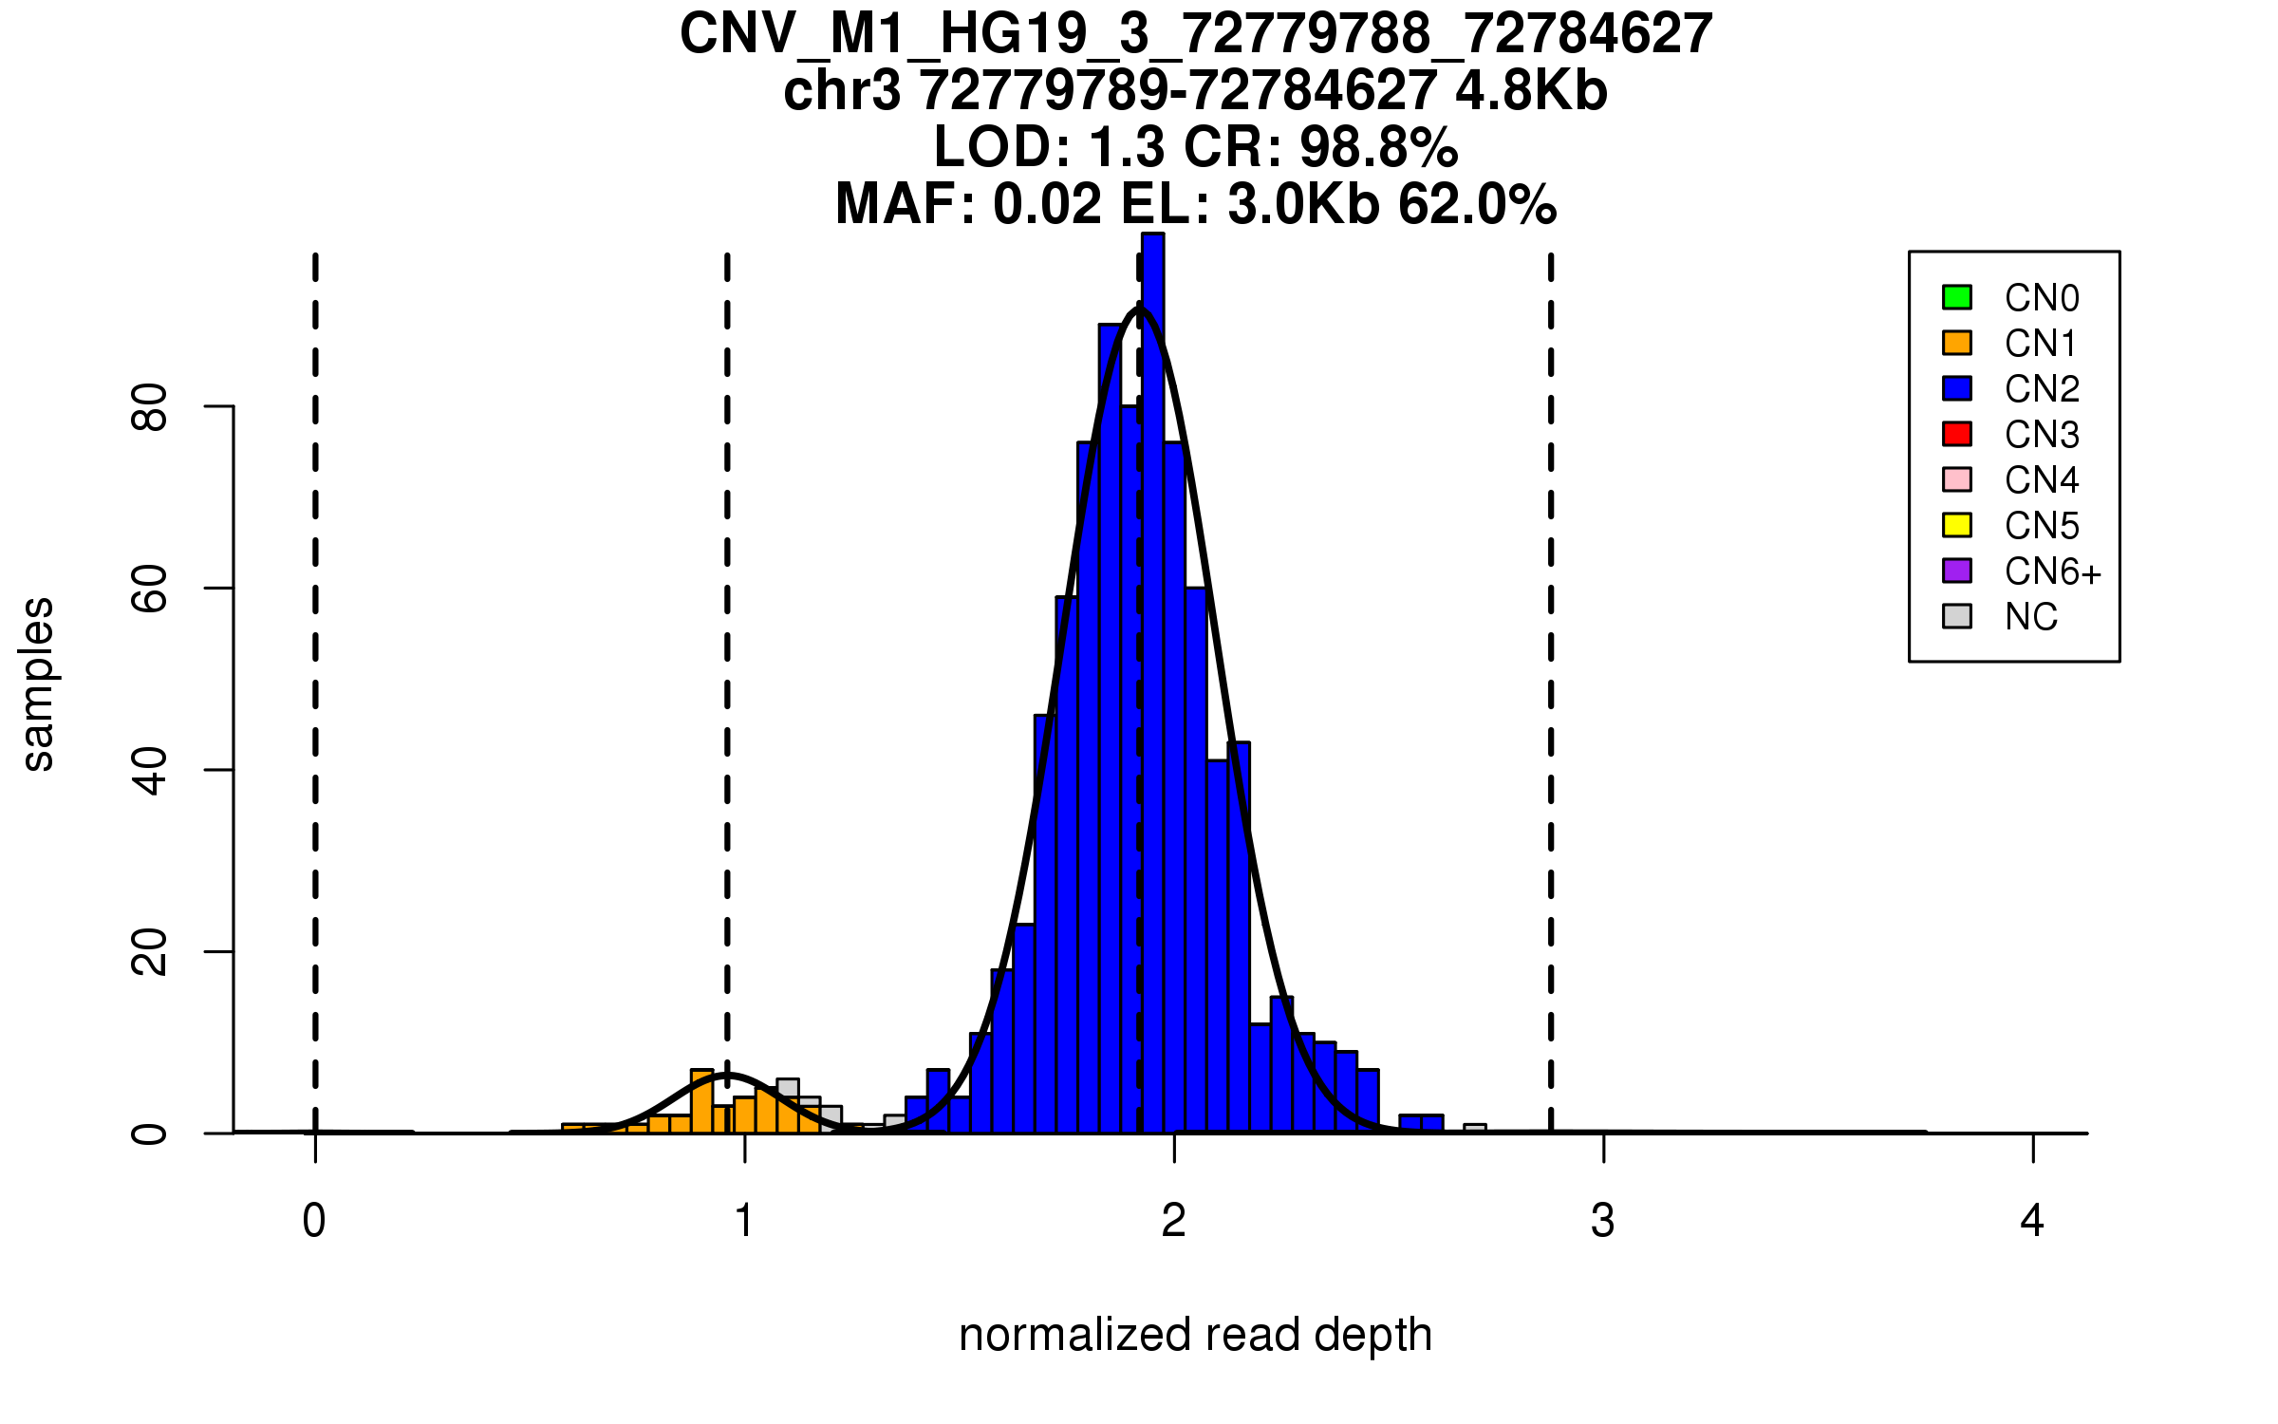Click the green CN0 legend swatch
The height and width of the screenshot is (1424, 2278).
[x=1957, y=297]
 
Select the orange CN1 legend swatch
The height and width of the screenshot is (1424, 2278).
[x=1957, y=343]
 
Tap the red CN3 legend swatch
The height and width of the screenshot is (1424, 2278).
[x=1957, y=434]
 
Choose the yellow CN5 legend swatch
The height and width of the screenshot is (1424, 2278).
[x=1957, y=525]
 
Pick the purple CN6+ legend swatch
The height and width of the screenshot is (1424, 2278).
[x=1957, y=571]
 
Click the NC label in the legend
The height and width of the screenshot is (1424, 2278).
[x=2030, y=617]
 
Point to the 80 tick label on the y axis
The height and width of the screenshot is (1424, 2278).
[x=150, y=407]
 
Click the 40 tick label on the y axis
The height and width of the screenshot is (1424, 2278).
[x=150, y=770]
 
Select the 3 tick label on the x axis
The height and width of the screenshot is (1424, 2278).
[x=1603, y=1221]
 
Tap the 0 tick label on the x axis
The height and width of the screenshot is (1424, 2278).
[x=314, y=1221]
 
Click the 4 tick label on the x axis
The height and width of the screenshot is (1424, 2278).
[x=2032, y=1221]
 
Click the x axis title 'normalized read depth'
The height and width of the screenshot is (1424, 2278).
[x=1195, y=1335]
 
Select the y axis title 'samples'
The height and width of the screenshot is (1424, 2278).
[x=38, y=684]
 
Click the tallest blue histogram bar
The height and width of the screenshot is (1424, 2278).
[x=1152, y=684]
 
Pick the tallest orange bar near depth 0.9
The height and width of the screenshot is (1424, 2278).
[x=702, y=1101]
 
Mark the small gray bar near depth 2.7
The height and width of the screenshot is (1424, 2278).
[x=1474, y=1129]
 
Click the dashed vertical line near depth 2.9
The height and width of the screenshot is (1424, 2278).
[x=1551, y=665]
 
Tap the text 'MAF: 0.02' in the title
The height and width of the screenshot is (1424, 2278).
[x=968, y=204]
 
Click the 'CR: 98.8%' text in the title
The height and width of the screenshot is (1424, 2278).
[x=1321, y=147]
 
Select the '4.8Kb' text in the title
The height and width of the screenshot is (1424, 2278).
[x=1531, y=91]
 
